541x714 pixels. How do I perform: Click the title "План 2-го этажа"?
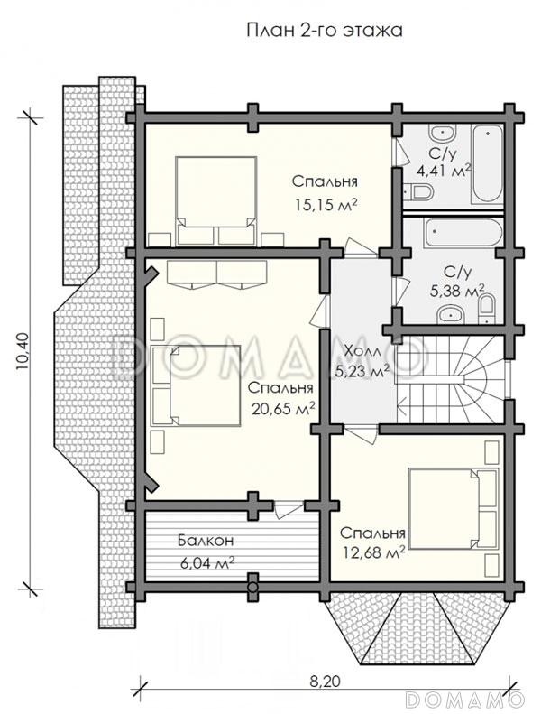325,30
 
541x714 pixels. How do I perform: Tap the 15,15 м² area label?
325,205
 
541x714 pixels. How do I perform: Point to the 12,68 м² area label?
372,553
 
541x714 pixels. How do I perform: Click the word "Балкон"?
206,541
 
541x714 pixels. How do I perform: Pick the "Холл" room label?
362,351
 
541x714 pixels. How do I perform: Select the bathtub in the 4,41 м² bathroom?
487,166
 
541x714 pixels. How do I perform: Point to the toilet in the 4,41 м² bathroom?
418,191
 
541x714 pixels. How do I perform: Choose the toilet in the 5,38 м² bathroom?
486,309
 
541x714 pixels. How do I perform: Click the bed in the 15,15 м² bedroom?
216,200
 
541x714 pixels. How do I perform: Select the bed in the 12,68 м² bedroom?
453,509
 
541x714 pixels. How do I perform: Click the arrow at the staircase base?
404,403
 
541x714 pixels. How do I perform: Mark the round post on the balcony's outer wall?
252,587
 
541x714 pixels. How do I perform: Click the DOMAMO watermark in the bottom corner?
470,700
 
